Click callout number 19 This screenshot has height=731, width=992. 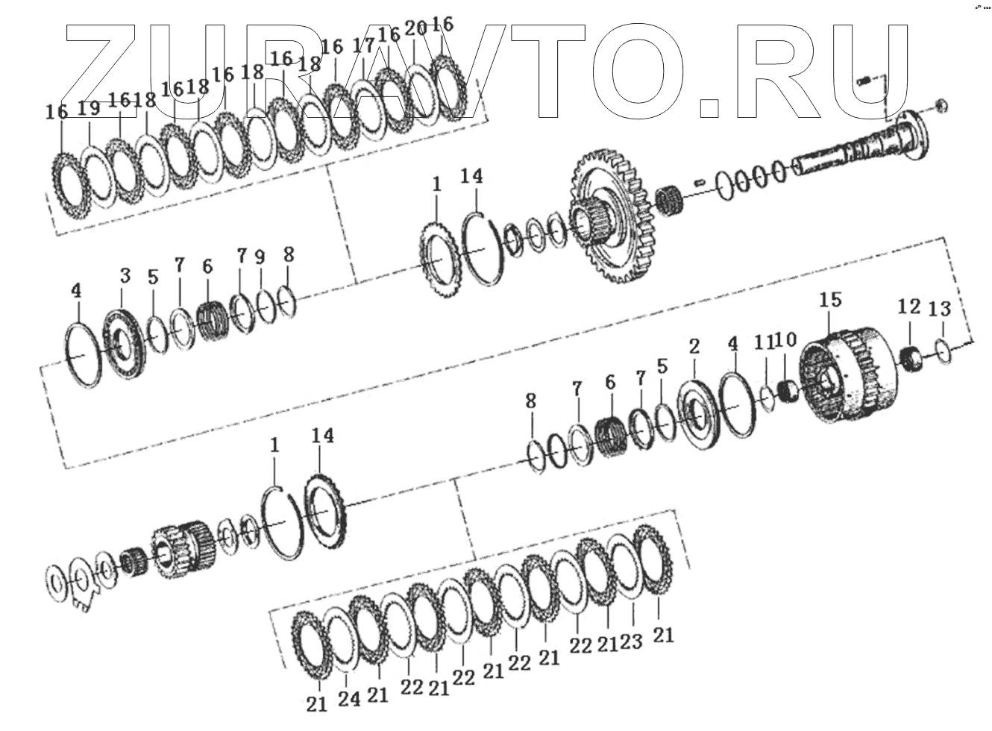(x=89, y=108)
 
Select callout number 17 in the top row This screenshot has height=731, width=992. (x=363, y=46)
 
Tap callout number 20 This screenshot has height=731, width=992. (x=416, y=29)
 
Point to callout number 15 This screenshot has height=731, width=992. (x=830, y=300)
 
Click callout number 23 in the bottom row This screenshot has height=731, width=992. (x=631, y=641)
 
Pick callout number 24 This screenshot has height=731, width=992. (x=349, y=699)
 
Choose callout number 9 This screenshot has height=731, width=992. (x=260, y=258)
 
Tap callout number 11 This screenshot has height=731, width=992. (x=764, y=343)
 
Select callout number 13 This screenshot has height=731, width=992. (x=941, y=308)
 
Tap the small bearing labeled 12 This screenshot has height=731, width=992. (x=909, y=359)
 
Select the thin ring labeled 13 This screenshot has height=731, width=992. (x=943, y=351)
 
